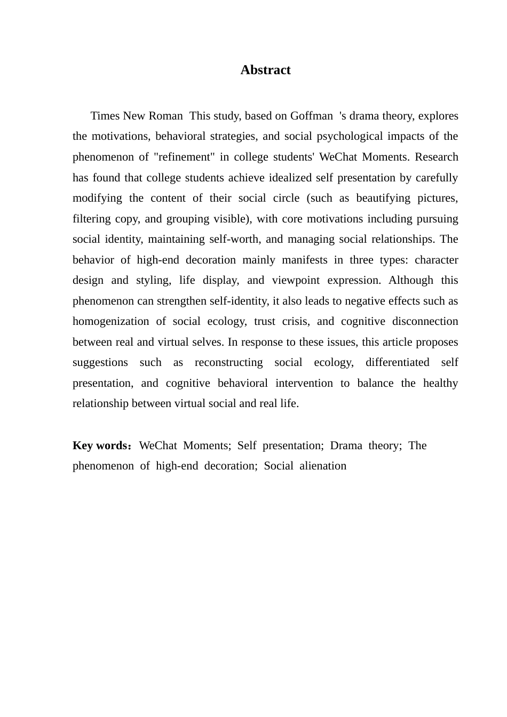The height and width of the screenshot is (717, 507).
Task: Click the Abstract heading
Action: point(265,70)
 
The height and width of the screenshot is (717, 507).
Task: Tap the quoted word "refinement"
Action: point(184,157)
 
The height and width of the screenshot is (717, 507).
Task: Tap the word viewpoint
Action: point(296,280)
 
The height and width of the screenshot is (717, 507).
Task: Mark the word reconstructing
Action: point(228,362)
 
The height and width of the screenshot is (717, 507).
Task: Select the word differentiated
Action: point(397,362)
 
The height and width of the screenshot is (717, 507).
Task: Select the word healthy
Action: point(440,383)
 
